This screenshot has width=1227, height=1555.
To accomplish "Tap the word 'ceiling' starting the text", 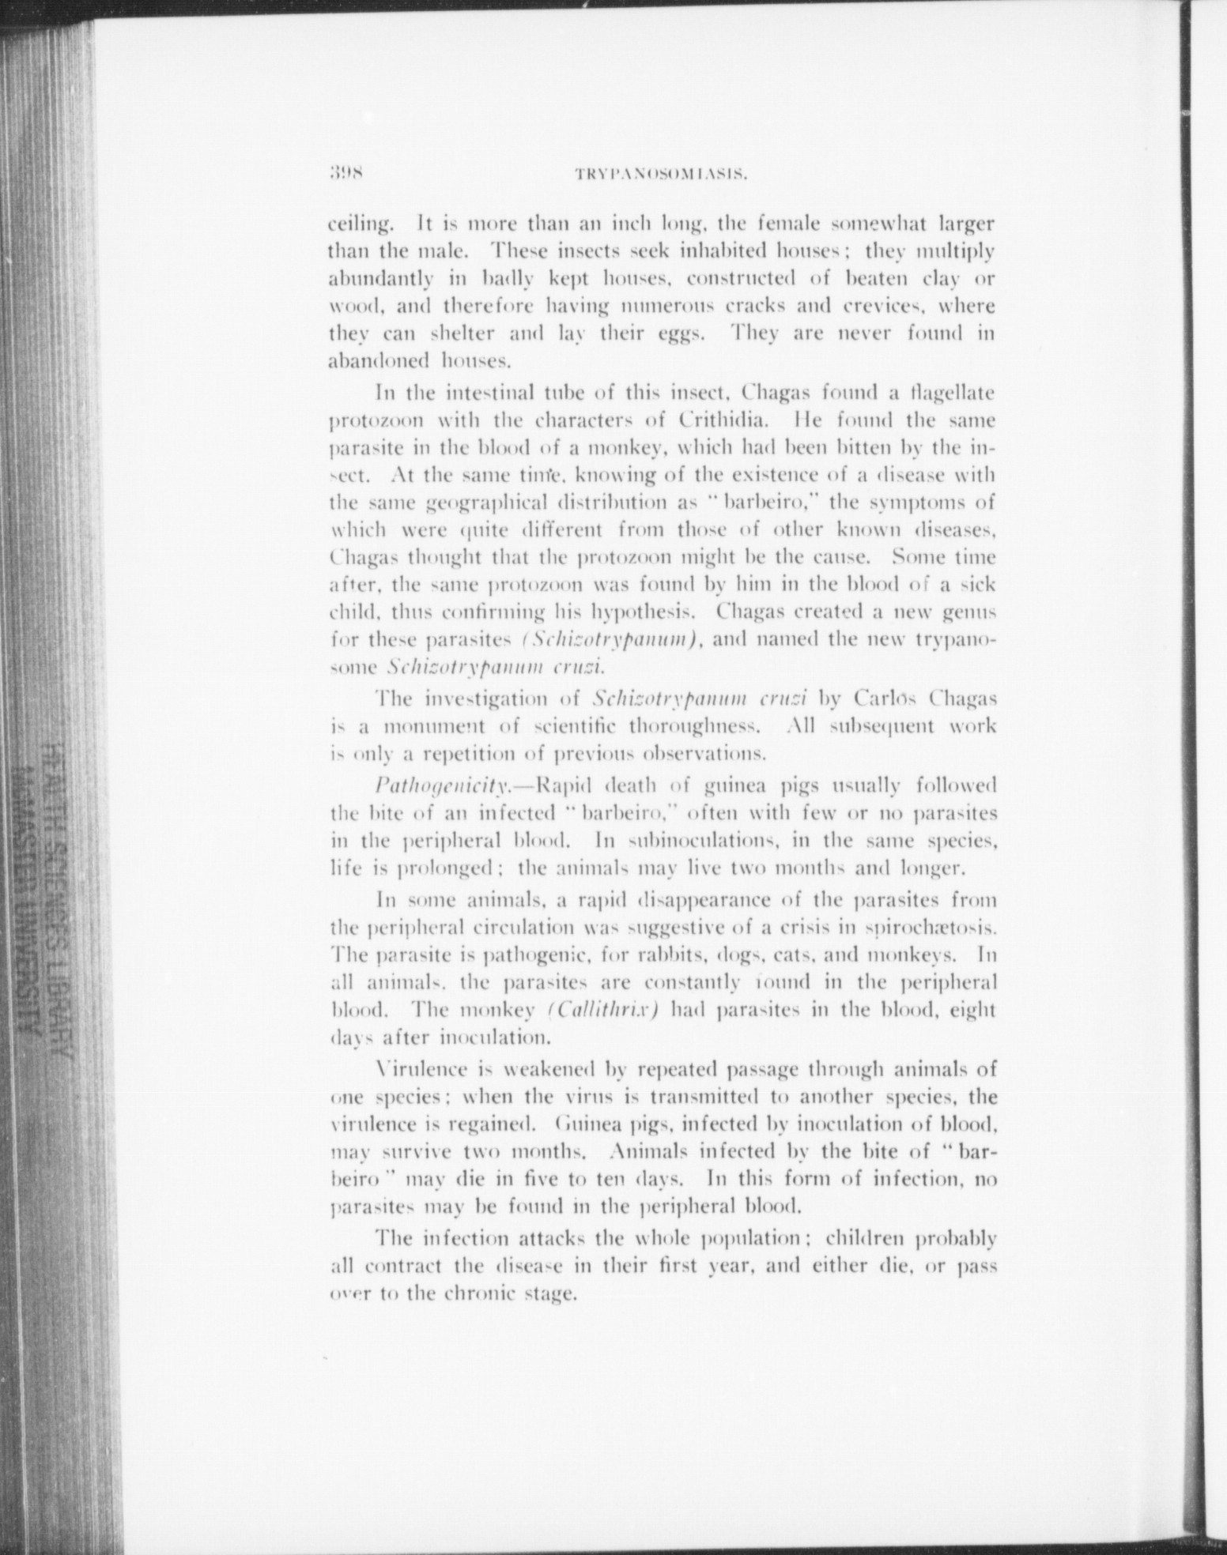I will [355, 224].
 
